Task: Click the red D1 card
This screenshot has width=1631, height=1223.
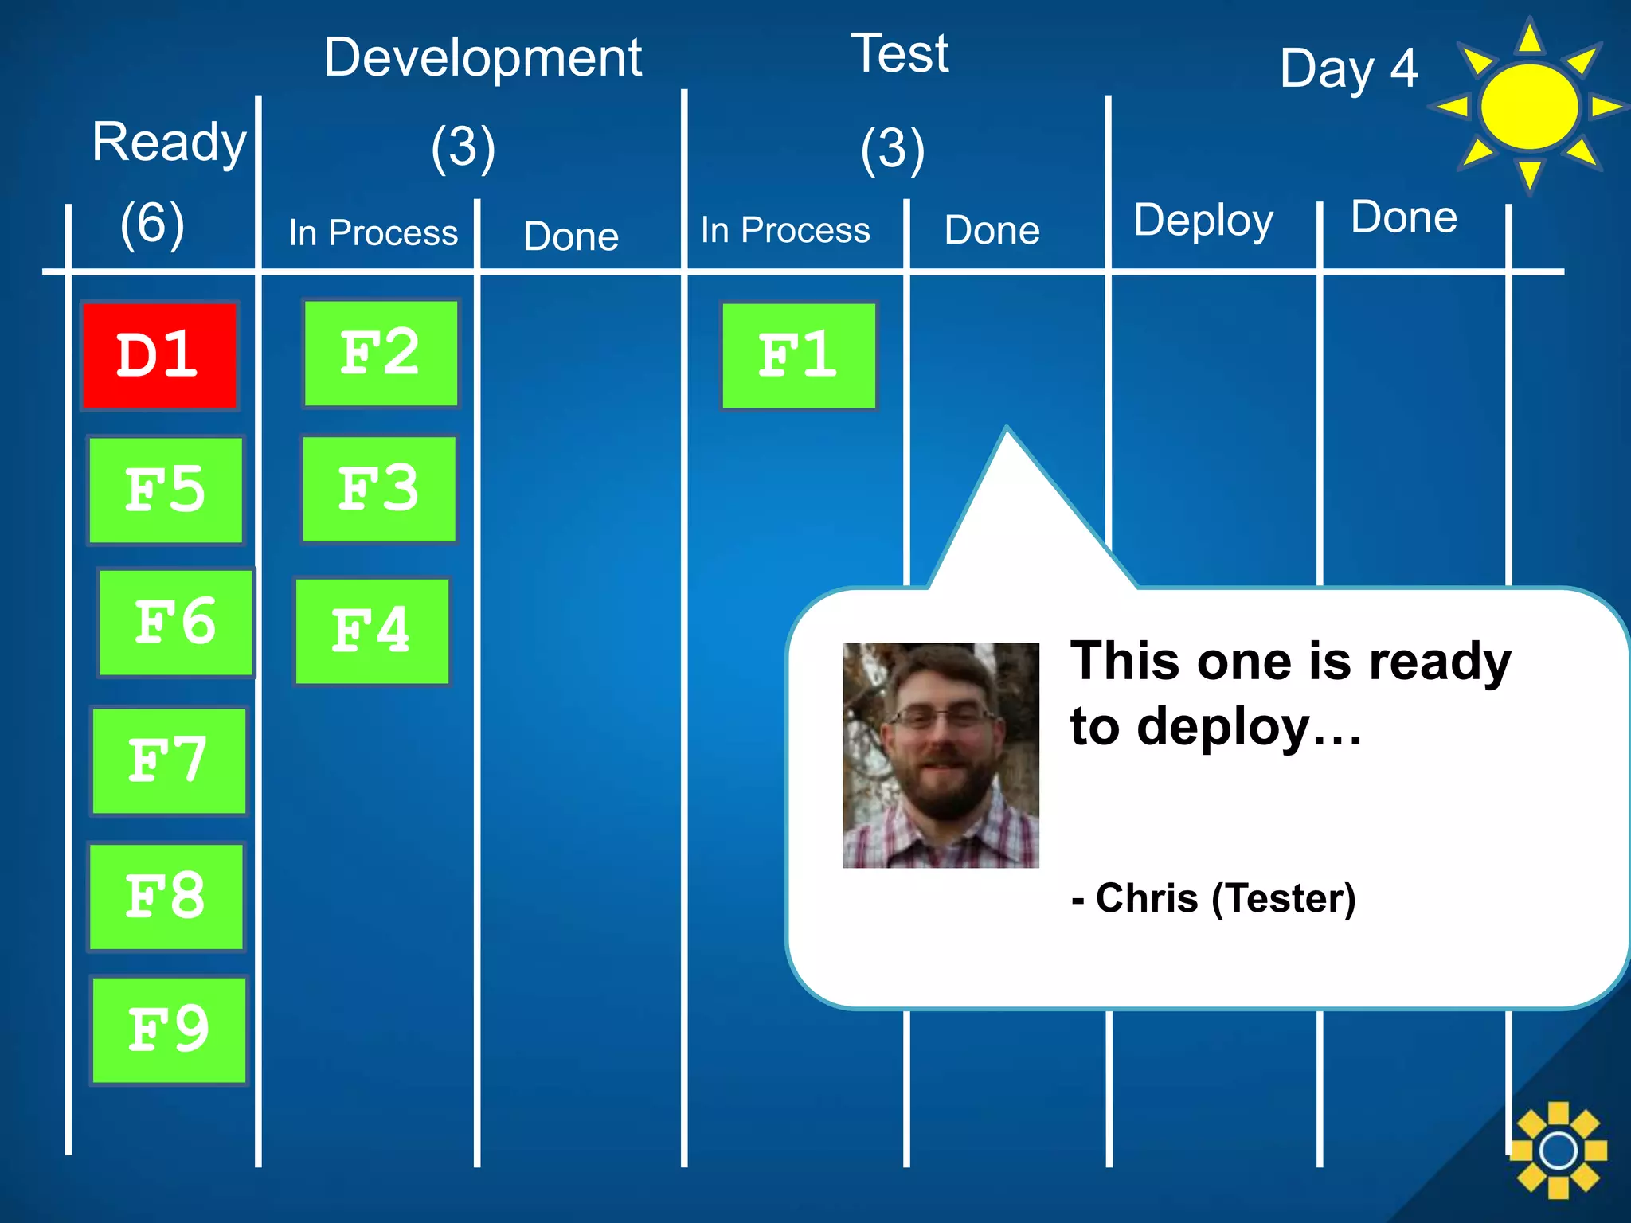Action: coord(159,355)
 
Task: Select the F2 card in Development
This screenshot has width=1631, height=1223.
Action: coord(381,353)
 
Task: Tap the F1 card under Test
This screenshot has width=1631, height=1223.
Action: coord(798,355)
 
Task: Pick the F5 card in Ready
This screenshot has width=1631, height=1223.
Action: coord(166,490)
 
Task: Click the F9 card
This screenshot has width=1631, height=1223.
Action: coord(169,1030)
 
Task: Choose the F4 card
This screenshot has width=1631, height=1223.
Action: coord(372,631)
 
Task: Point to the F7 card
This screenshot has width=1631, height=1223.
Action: coord(169,760)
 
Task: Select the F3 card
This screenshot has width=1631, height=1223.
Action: coord(379,489)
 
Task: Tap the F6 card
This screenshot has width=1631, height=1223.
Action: coord(176,623)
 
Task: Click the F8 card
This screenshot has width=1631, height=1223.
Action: coord(166,896)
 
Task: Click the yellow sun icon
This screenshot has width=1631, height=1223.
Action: coord(1528,107)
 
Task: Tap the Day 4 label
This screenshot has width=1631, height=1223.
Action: coord(1348,69)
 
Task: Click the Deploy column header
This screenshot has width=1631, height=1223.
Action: coord(1203,221)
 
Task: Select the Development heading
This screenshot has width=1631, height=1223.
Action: coord(483,57)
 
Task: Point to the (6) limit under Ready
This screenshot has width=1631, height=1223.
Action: coord(152,223)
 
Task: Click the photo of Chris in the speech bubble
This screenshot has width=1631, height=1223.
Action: coord(941,755)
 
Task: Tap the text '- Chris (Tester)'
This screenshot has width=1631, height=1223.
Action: coord(1213,898)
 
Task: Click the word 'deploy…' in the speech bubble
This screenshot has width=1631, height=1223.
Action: coord(1250,726)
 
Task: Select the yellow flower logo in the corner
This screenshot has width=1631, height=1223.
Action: coord(1558,1150)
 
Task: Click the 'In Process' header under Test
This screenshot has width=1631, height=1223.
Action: coord(785,230)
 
